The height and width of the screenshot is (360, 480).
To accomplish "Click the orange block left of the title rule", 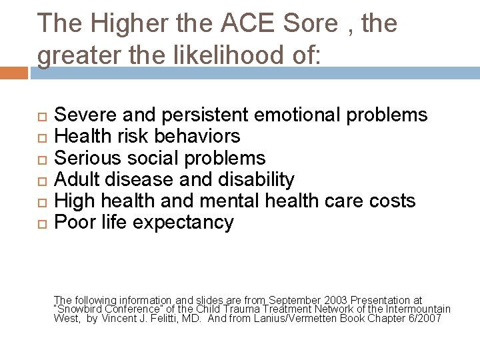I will (14, 72).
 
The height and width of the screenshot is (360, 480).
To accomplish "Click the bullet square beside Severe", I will (41, 115).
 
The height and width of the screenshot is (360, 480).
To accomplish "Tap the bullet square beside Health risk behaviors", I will (41, 137).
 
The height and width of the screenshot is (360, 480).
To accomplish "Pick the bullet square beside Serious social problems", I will (41, 158).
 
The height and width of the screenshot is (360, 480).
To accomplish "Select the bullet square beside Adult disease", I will (41, 179).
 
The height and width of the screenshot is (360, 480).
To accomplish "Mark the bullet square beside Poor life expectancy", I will (41, 222).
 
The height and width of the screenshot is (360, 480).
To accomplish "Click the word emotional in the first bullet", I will (299, 115).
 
